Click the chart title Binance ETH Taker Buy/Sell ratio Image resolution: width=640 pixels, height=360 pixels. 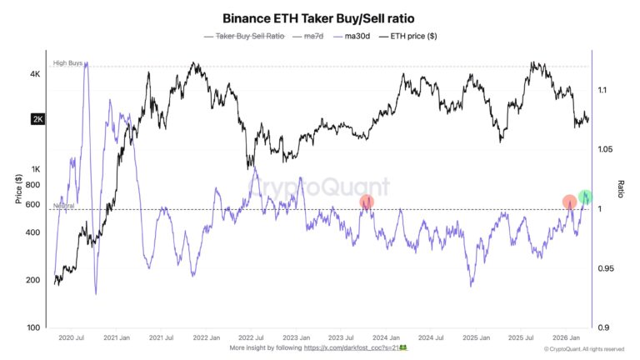pyautogui.click(x=320, y=17)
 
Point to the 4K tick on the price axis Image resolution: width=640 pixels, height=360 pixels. pyautogui.click(x=35, y=74)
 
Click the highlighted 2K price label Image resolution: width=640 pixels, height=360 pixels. pyautogui.click(x=37, y=119)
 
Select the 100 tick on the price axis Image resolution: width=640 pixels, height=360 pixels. pyautogui.click(x=33, y=327)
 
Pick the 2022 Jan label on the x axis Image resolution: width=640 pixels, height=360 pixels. pyautogui.click(x=205, y=338)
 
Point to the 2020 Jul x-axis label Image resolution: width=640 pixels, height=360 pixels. pyautogui.click(x=71, y=338)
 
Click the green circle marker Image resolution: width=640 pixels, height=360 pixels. pyautogui.click(x=587, y=197)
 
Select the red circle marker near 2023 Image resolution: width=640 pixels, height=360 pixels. pyautogui.click(x=367, y=202)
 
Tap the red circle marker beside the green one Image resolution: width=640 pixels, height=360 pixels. pyautogui.click(x=569, y=201)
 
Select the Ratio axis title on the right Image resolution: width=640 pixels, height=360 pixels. pyautogui.click(x=621, y=188)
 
